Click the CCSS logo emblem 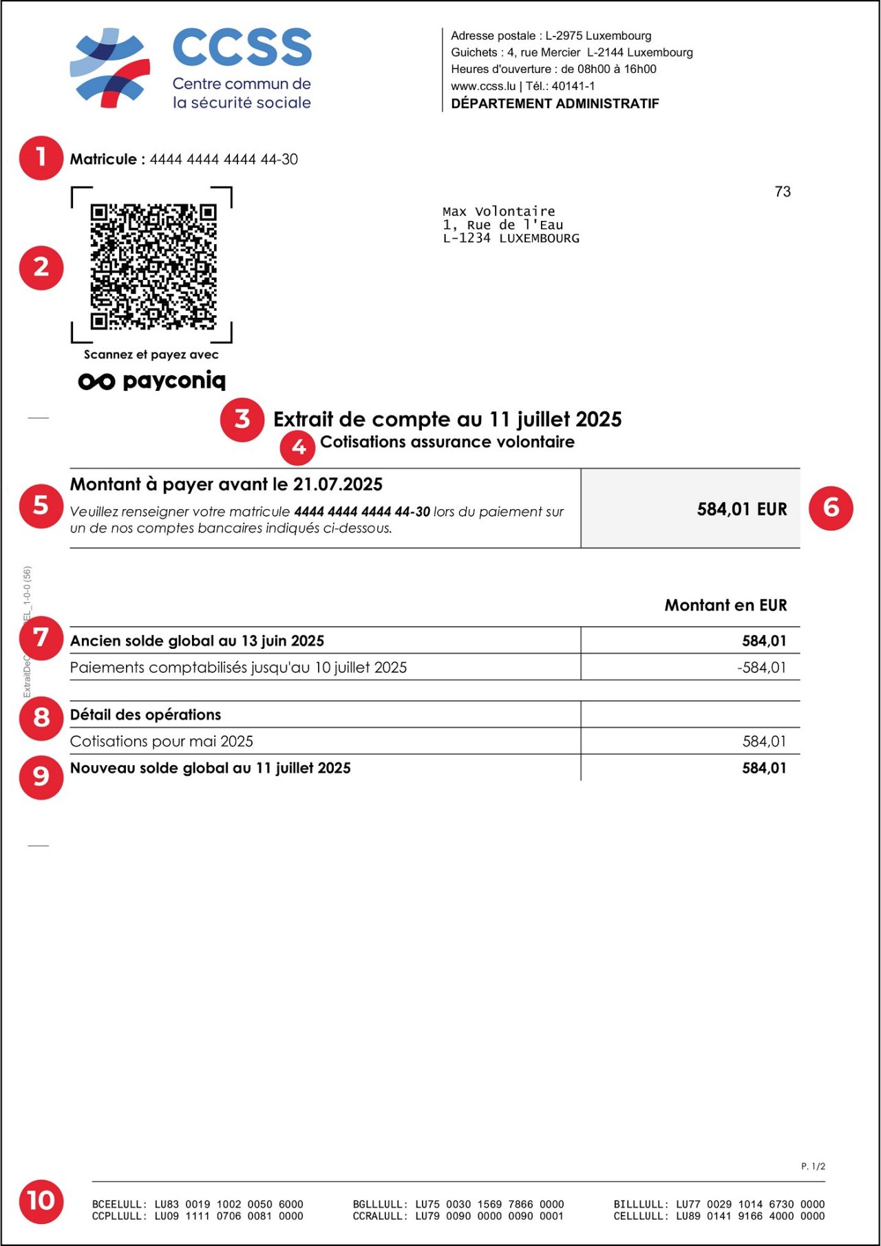[110, 67]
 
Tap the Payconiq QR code [153, 266]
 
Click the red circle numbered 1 [41, 158]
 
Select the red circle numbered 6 [831, 508]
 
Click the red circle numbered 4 [298, 447]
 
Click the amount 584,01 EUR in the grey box [741, 509]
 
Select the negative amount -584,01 [761, 667]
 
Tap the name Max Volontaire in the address [498, 211]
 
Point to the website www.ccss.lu [483, 86]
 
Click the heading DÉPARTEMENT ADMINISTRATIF [555, 104]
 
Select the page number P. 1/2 [813, 1166]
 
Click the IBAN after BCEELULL [229, 1204]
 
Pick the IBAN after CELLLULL [750, 1216]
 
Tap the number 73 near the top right [783, 192]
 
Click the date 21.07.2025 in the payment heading [338, 484]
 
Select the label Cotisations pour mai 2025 [162, 741]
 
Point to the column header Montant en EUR [725, 605]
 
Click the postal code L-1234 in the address [466, 238]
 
